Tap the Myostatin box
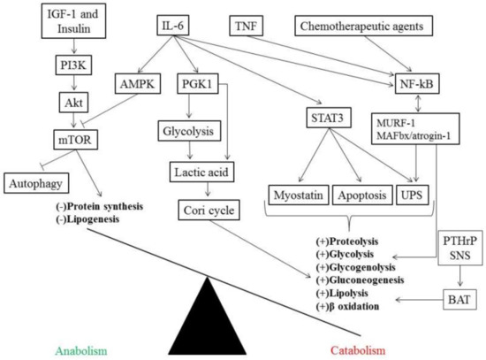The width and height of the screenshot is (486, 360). tap(297, 194)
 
